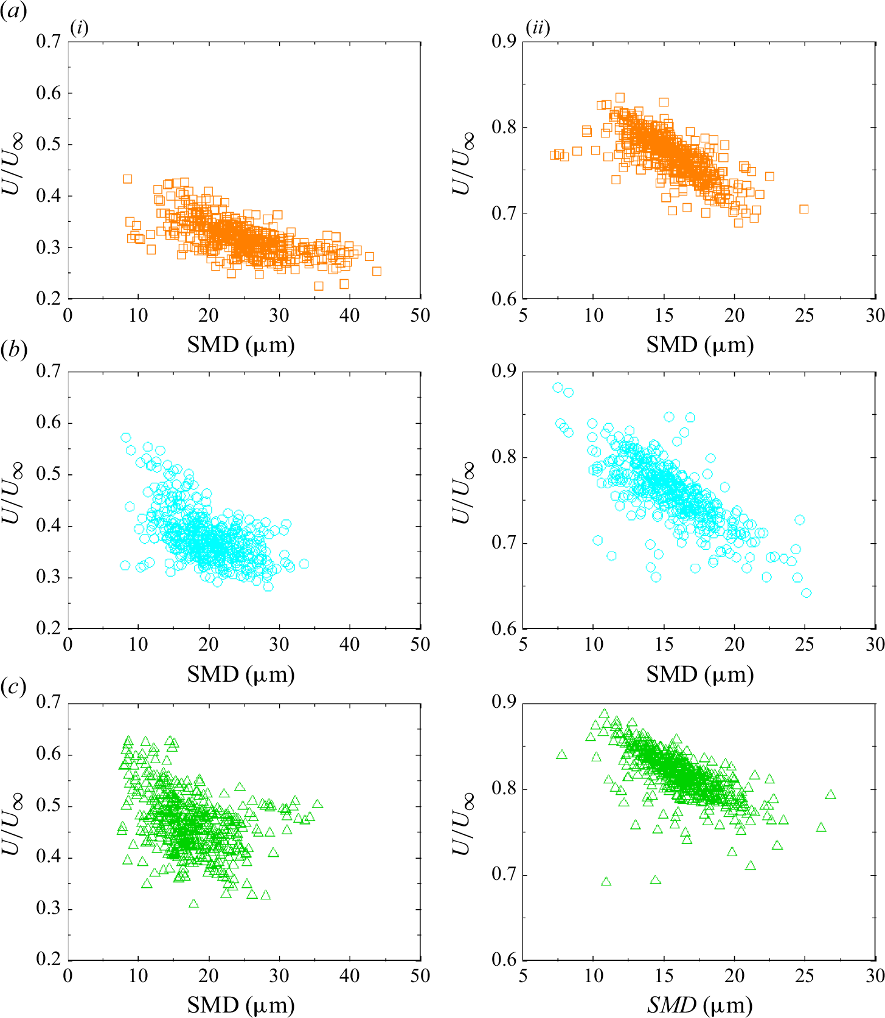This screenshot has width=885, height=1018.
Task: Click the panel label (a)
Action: pos(13,12)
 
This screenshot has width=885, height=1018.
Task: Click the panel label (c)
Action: pos(13,687)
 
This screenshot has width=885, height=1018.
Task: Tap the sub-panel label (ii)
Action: pos(538,28)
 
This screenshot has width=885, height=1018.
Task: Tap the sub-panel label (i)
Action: pos(80,28)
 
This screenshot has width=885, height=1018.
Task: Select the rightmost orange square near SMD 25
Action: pos(803,209)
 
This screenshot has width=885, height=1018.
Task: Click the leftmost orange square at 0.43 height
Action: pos(127,179)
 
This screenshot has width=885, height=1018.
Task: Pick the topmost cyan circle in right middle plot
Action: pos(558,387)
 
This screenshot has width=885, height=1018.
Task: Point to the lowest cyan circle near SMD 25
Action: pos(807,593)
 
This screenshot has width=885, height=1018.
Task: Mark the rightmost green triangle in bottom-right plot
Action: pos(830,795)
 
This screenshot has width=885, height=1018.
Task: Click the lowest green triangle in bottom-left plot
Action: pos(193,904)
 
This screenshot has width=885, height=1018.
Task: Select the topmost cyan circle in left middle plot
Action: pos(126,437)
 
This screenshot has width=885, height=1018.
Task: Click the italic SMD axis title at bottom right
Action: pos(699,1005)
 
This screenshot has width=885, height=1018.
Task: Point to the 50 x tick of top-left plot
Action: pos(420,315)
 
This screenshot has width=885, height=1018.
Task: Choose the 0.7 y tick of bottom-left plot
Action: pos(49,702)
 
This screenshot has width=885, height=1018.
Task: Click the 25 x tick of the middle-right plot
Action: pos(804,645)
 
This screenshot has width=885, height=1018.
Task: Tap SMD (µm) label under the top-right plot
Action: pos(699,345)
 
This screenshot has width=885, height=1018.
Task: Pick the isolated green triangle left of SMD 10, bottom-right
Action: pos(561,755)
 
